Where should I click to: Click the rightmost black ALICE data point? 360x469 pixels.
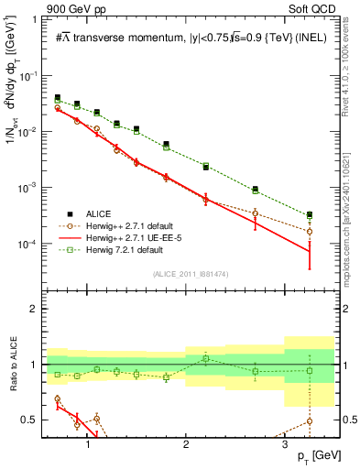tap(310, 215)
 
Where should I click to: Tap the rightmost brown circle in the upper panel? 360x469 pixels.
tap(310, 232)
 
